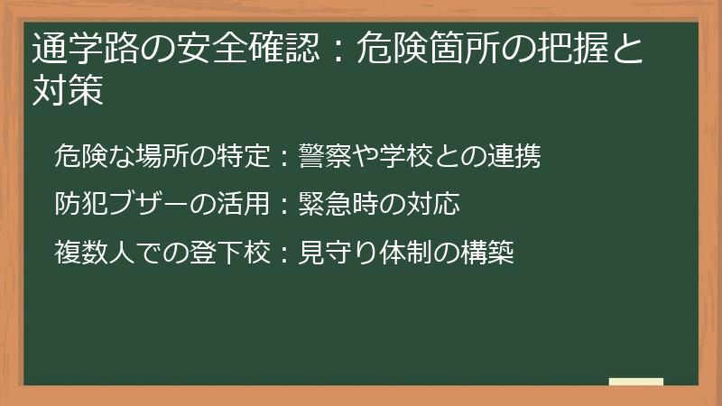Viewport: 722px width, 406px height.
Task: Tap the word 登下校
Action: [228, 254]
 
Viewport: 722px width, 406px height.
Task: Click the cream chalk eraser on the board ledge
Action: [636, 382]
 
